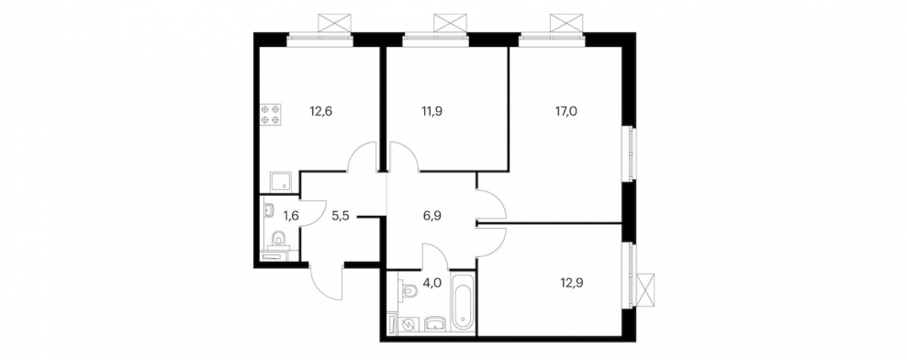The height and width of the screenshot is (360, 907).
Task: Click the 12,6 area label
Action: pos(317,111)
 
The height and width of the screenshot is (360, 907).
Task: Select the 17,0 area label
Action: pos(565,111)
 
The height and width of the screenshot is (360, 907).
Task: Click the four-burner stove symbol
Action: pos(270,114)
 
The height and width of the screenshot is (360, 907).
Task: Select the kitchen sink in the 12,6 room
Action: pos(283,182)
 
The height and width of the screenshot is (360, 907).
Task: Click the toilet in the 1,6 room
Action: pos(278,238)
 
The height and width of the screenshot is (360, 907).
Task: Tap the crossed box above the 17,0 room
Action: pos(567,24)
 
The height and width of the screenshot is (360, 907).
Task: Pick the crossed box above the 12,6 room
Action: pos(335,24)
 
